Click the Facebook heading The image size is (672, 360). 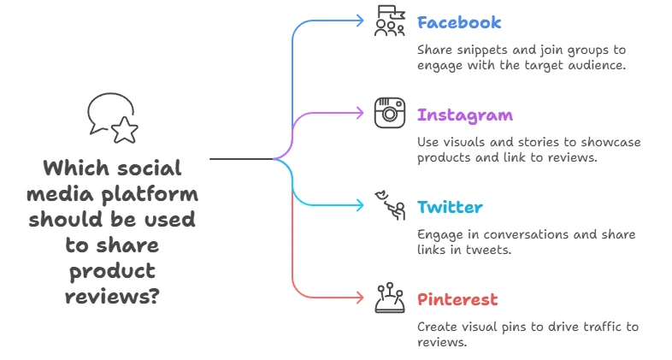459,22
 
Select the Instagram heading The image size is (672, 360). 465,115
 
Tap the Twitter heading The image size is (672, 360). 450,208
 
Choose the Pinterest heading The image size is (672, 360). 457,299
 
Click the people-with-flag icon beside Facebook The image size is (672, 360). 390,21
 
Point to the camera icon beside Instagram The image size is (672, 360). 390,113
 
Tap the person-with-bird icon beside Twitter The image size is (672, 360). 391,205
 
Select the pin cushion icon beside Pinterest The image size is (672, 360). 390,298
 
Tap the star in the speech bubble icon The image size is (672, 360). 125,129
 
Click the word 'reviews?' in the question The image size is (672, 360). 112,296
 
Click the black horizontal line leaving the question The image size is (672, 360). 242,159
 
